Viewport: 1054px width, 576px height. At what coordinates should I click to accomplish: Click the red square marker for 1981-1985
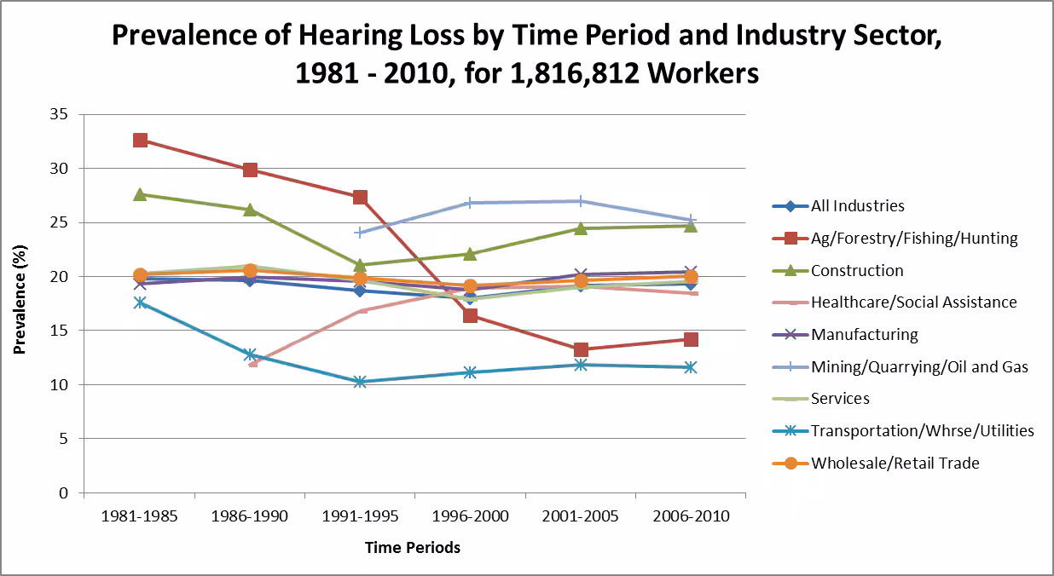tap(140, 140)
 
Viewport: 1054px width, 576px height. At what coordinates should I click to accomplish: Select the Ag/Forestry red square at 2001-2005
tap(581, 349)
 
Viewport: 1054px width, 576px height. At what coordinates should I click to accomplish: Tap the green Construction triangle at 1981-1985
tap(140, 194)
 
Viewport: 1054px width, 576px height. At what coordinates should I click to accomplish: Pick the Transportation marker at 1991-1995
tap(360, 382)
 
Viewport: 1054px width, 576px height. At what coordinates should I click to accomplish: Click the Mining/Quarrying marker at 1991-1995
tap(360, 232)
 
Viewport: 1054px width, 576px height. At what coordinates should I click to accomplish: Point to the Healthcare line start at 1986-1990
tap(251, 364)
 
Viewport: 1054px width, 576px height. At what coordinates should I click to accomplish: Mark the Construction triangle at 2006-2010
tap(691, 225)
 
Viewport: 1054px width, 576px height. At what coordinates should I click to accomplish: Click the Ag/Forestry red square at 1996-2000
tap(470, 316)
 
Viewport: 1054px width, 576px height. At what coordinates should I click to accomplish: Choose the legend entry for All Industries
tap(857, 206)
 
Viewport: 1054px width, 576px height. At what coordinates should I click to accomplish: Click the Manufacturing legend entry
tap(864, 335)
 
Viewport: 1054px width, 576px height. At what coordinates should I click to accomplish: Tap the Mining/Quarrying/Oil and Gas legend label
tap(919, 367)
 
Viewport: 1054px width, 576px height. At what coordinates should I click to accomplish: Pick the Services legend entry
tap(840, 399)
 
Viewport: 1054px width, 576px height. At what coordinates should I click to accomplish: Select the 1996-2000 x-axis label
tap(470, 517)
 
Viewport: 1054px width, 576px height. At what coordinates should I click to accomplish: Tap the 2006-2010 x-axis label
tap(691, 517)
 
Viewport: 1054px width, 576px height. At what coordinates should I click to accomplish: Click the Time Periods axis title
tap(413, 548)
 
